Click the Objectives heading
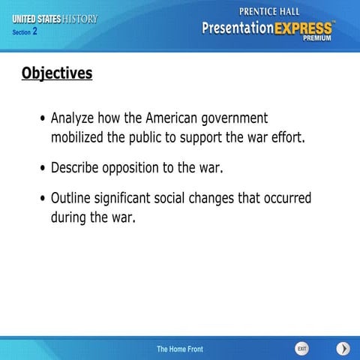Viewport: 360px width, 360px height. [57, 73]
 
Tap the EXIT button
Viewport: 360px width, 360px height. [301, 349]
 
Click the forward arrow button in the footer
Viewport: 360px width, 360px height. [343, 349]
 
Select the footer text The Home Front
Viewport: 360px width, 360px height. [179, 349]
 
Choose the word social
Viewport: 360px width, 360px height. [195, 199]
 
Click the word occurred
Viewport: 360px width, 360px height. [284, 199]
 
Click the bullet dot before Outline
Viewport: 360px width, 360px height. [43, 199]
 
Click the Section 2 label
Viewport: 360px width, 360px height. [25, 32]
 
